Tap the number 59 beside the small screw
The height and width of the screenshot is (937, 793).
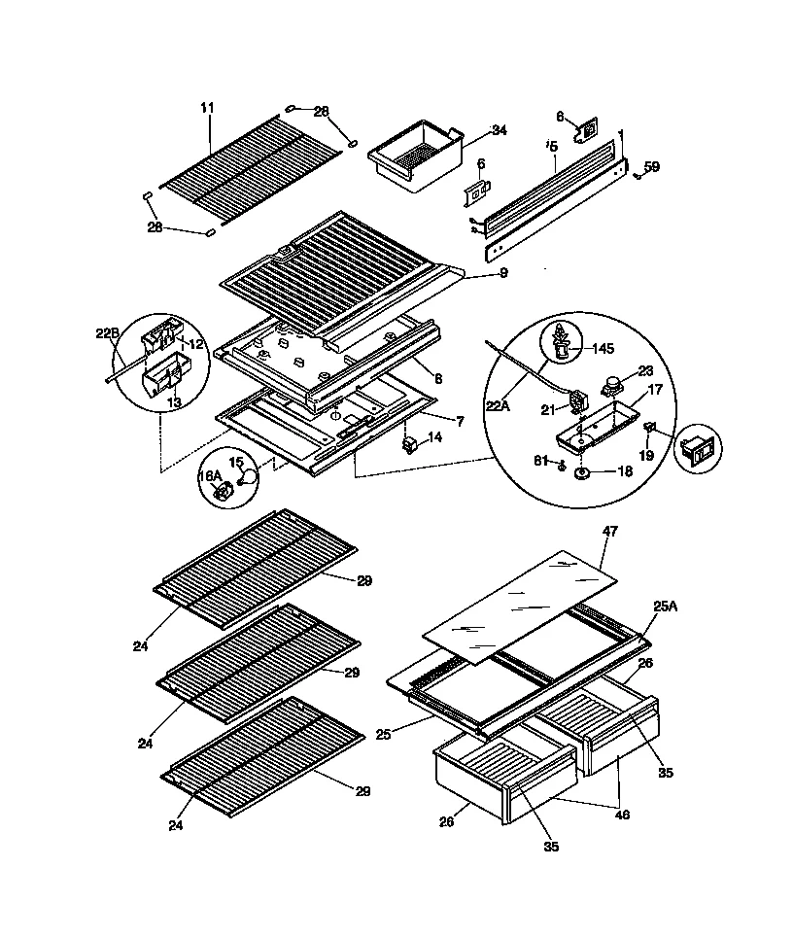point(652,166)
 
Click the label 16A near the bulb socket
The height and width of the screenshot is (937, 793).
point(210,475)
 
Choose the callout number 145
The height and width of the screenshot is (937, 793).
point(604,347)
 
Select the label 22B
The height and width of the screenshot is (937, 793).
point(107,332)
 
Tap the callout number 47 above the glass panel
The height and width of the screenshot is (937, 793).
point(609,532)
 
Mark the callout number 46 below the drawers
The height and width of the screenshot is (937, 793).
point(622,815)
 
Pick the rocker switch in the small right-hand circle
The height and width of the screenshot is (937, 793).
point(699,449)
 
